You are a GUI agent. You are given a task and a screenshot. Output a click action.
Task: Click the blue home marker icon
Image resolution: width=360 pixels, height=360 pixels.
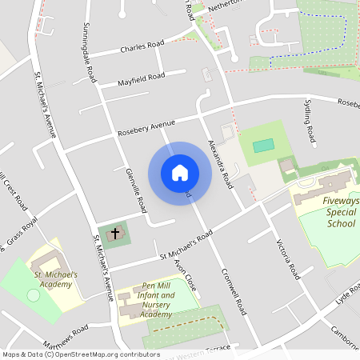click(180, 173)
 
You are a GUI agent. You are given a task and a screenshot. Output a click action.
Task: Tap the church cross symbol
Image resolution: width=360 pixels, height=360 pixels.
click(114, 234)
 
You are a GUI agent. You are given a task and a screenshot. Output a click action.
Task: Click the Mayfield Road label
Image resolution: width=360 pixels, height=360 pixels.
click(141, 78)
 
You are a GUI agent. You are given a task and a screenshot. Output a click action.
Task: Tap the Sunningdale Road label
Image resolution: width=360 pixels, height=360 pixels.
click(89, 53)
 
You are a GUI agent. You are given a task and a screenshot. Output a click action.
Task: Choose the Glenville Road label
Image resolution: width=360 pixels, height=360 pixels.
click(136, 190)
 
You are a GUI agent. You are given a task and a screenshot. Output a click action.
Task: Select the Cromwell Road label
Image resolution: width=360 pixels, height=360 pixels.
click(234, 293)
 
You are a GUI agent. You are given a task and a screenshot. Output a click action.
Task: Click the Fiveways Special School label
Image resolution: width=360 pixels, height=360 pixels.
click(341, 211)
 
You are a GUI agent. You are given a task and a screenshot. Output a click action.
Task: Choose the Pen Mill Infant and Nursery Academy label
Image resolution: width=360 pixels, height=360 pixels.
click(156, 300)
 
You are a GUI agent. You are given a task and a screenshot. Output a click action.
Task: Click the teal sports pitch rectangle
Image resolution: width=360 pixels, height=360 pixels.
click(262, 146)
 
